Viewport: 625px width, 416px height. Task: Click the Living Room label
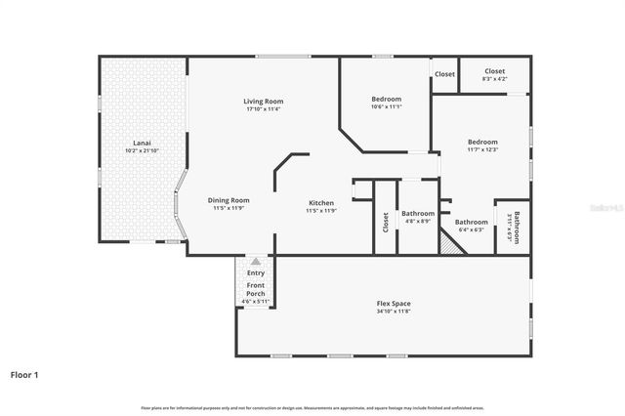(264, 101)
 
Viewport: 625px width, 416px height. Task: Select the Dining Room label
(229, 200)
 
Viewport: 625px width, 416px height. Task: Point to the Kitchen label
(320, 203)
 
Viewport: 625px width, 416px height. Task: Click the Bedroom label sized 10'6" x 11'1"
(386, 99)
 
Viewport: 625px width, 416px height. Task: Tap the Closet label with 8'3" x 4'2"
(495, 71)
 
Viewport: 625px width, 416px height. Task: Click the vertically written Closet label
(386, 223)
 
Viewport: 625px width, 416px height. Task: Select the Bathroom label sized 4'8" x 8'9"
(418, 213)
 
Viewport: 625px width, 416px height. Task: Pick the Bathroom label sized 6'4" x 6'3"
(471, 222)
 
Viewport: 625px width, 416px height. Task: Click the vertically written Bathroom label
(517, 228)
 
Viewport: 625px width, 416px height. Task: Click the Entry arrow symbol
(256, 262)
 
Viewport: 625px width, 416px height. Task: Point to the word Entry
(256, 272)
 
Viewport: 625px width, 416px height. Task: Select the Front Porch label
(256, 289)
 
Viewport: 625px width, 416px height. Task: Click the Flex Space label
(394, 303)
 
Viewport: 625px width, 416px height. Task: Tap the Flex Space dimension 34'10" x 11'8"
(394, 312)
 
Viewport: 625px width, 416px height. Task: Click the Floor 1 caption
(24, 374)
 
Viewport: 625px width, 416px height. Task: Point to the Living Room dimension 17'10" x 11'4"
(264, 108)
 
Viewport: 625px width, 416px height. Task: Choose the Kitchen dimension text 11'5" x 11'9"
(320, 211)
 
